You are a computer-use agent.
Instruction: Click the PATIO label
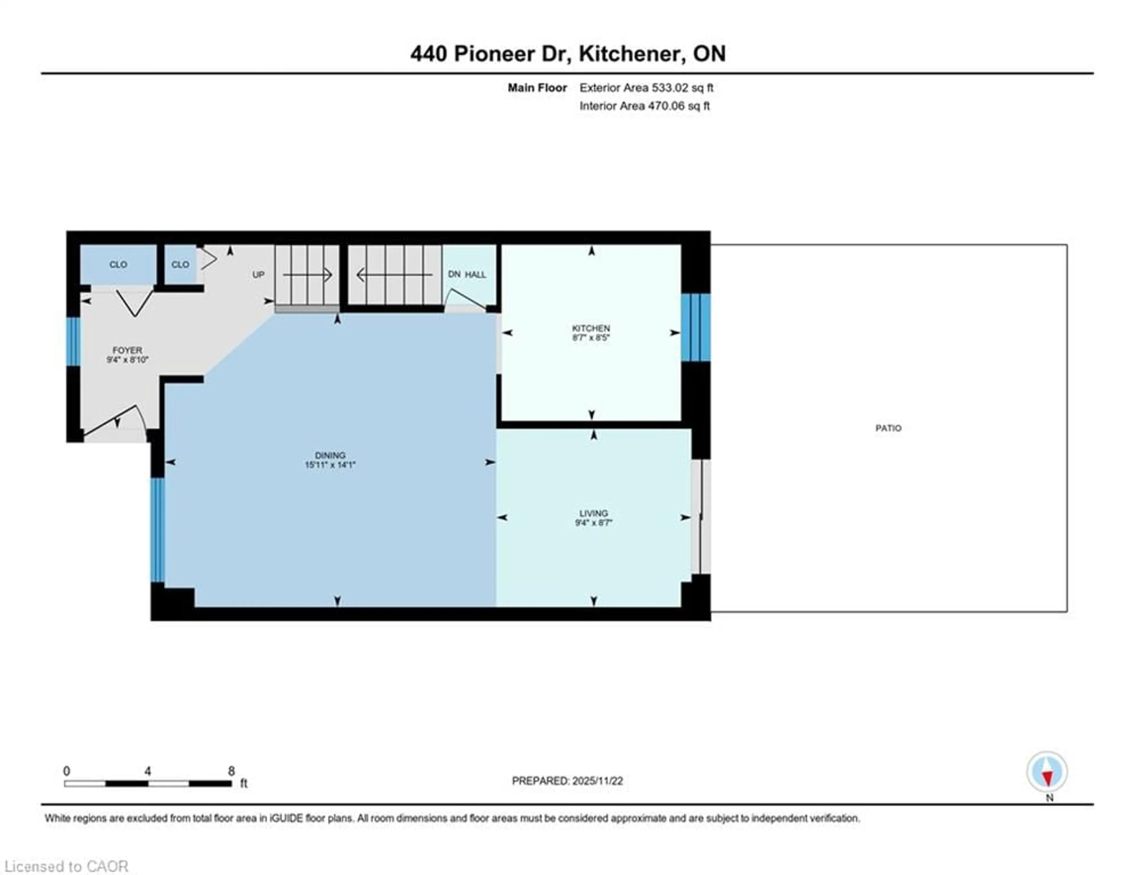[x=888, y=428]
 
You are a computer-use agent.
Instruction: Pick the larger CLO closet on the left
[x=118, y=265]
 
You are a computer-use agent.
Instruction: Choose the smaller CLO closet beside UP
[x=180, y=265]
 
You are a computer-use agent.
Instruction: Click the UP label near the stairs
[x=258, y=275]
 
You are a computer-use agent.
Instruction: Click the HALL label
[x=475, y=275]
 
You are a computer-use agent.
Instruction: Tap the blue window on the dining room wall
[x=157, y=529]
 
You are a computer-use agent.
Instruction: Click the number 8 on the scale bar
[x=231, y=771]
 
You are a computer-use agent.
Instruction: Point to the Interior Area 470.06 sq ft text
[x=644, y=106]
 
